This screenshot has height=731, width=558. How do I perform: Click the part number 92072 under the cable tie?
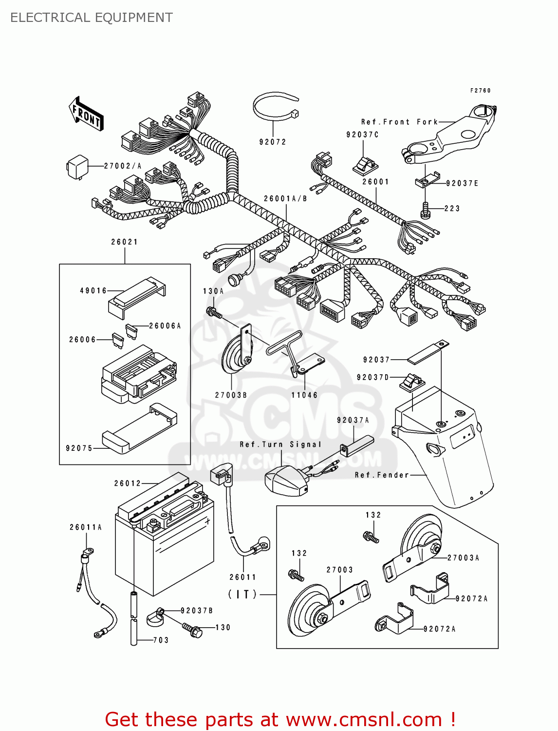tap(273, 142)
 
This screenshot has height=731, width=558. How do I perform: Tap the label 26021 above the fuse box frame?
tap(124, 242)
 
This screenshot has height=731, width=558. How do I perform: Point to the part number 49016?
tap(93, 290)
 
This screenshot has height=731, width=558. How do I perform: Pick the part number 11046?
tap(304, 395)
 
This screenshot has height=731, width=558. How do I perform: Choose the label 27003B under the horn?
tap(231, 395)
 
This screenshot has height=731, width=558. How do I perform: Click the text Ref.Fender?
tap(382, 475)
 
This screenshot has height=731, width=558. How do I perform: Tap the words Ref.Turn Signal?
tap(280, 444)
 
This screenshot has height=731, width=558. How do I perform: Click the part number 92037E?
tap(462, 183)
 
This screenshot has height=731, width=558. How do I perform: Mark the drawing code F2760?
tap(480, 91)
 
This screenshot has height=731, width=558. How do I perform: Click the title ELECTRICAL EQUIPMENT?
tap(92, 18)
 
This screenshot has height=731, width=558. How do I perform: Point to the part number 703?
tap(161, 640)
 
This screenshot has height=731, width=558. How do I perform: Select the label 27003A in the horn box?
tap(463, 558)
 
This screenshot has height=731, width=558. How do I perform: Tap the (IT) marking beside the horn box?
tap(243, 594)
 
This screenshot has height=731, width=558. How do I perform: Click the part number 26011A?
tap(86, 527)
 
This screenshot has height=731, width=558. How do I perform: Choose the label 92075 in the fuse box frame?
tap(79, 448)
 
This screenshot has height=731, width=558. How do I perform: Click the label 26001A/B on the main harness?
tap(285, 198)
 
